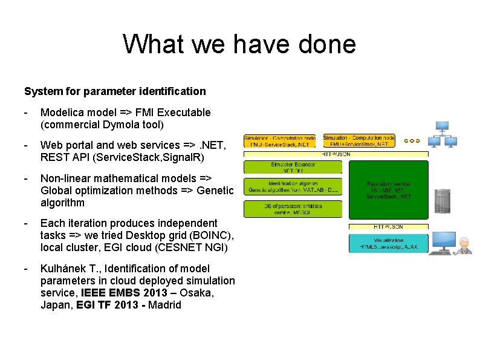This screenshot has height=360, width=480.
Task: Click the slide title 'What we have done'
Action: (239, 44)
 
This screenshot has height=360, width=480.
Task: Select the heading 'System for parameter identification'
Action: (115, 91)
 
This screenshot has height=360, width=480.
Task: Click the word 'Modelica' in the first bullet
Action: (60, 113)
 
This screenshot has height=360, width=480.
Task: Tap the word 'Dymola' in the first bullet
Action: (117, 125)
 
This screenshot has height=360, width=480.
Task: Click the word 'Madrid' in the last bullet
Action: (161, 305)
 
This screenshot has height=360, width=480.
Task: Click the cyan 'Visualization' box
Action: (389, 243)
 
